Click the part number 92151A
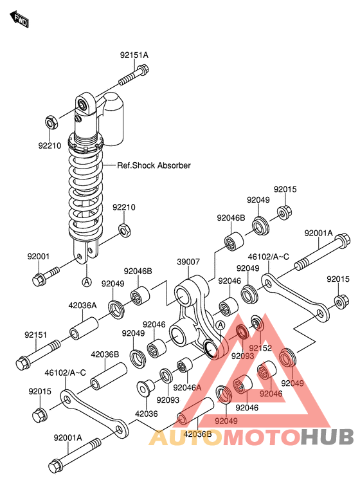[133, 55]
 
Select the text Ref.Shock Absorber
[154, 165]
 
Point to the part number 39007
[189, 262]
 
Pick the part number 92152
[261, 348]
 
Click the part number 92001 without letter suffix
[38, 257]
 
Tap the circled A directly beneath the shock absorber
[85, 281]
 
